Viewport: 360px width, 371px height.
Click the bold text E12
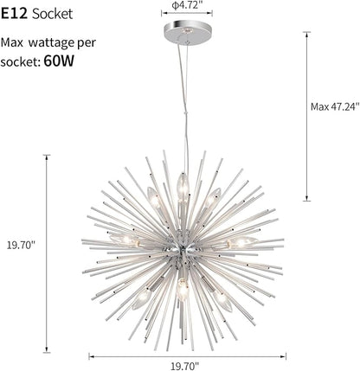pyautogui.click(x=14, y=14)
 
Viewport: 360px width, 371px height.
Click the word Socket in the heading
pyautogui.click(x=53, y=14)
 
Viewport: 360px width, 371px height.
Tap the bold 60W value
pyautogui.click(x=59, y=61)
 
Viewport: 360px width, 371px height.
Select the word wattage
pyautogui.click(x=52, y=43)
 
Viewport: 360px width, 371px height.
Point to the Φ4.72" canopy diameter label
pyautogui.click(x=187, y=5)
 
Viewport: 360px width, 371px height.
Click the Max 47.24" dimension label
pyautogui.click(x=335, y=106)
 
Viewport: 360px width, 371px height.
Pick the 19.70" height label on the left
pyautogui.click(x=21, y=246)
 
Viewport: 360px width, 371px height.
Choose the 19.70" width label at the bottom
pyautogui.click(x=185, y=366)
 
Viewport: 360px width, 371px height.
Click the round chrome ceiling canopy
pyautogui.click(x=187, y=31)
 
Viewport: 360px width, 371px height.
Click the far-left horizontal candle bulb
pyautogui.click(x=124, y=240)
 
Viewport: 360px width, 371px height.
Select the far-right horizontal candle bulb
pyautogui.click(x=242, y=242)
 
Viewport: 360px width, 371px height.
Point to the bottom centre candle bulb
pyautogui.click(x=182, y=289)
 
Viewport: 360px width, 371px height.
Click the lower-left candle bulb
pyautogui.click(x=142, y=298)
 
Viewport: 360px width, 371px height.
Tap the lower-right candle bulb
pyautogui.click(x=222, y=300)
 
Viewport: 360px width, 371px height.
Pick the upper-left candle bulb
pyautogui.click(x=153, y=197)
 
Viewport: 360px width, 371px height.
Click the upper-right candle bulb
pyautogui.click(x=214, y=198)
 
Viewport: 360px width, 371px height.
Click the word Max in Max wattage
pyautogui.click(x=12, y=42)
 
